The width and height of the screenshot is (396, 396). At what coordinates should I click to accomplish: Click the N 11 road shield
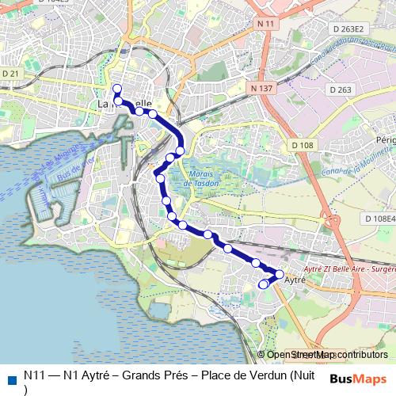265,25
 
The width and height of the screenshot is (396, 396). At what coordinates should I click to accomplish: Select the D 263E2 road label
348,29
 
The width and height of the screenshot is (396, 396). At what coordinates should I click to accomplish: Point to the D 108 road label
302,145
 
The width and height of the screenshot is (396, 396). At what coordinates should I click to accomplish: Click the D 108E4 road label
379,219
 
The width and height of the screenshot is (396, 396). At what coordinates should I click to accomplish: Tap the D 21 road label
10,73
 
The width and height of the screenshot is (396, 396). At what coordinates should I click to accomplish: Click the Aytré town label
295,280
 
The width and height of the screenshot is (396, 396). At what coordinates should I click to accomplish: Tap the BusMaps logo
357,379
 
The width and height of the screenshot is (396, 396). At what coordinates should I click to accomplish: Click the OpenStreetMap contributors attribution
327,355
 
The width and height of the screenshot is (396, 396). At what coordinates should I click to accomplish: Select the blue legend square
10,378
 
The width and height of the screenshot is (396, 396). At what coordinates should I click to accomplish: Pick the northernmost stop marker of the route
117,88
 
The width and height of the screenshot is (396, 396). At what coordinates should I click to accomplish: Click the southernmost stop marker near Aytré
264,284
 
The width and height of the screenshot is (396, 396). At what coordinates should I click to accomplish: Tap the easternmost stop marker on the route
279,274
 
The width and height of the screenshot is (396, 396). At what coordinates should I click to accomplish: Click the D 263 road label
344,89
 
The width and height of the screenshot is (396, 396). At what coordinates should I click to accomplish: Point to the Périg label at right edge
386,139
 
